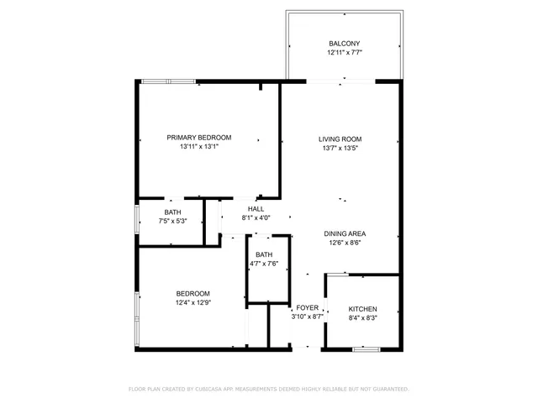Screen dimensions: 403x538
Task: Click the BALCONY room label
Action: pyautogui.click(x=345, y=43)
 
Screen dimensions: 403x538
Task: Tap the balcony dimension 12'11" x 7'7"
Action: pyautogui.click(x=345, y=52)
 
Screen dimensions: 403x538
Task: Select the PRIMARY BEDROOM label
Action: pyautogui.click(x=199, y=138)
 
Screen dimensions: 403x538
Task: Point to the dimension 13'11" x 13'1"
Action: pyautogui.click(x=199, y=147)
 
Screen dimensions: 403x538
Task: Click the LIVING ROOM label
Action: pyautogui.click(x=340, y=139)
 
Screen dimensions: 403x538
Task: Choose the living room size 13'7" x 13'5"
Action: pyautogui.click(x=340, y=149)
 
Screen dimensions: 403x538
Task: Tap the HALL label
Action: pyautogui.click(x=256, y=209)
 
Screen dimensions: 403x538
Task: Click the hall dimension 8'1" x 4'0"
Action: pyautogui.click(x=256, y=218)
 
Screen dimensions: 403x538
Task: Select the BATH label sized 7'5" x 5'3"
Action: pyautogui.click(x=172, y=212)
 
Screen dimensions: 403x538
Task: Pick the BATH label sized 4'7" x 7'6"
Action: pyautogui.click(x=264, y=254)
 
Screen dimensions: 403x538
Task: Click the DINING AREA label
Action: pyautogui.click(x=345, y=234)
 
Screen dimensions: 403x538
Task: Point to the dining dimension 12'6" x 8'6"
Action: pyautogui.click(x=345, y=243)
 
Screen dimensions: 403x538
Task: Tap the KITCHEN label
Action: pyautogui.click(x=363, y=309)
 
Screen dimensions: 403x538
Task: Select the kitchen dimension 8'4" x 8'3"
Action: pyautogui.click(x=363, y=318)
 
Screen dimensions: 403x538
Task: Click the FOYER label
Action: pyautogui.click(x=307, y=308)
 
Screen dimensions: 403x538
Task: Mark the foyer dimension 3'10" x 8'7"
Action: pyautogui.click(x=307, y=317)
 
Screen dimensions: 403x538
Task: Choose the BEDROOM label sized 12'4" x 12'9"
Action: pyautogui.click(x=193, y=293)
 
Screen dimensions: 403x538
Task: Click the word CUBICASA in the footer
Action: pyautogui.click(x=215, y=389)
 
